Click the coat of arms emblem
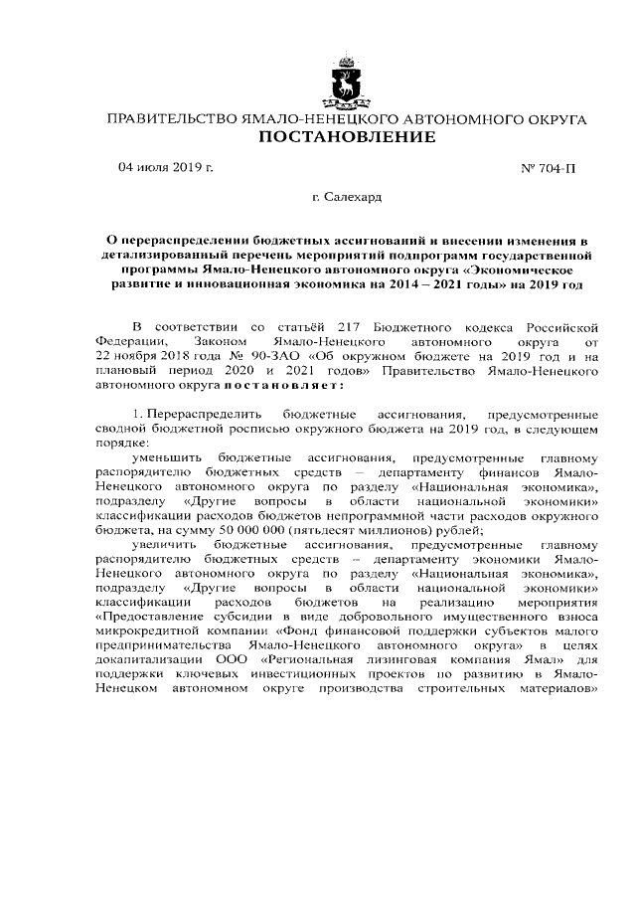point(347,83)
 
